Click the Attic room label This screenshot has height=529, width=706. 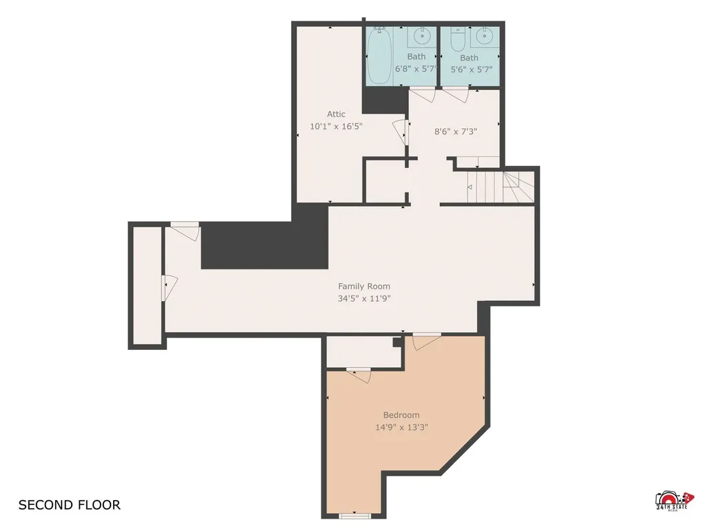(x=336, y=114)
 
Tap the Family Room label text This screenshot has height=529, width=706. (x=364, y=286)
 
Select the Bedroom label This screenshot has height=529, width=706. (x=401, y=415)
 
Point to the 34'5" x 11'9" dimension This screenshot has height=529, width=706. (x=364, y=298)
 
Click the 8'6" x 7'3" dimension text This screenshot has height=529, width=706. (x=455, y=132)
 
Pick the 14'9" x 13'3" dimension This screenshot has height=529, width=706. (x=401, y=427)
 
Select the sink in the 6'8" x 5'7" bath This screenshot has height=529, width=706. (x=422, y=36)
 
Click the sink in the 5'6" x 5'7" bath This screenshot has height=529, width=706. (x=485, y=37)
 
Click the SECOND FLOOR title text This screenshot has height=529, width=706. (x=70, y=505)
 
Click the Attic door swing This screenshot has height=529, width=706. (x=399, y=132)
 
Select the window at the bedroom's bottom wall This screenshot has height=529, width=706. (x=354, y=515)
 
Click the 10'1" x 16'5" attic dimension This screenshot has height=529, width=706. (x=336, y=127)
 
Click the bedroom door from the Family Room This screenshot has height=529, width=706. (x=426, y=342)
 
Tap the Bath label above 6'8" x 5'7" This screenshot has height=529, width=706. (x=416, y=56)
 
